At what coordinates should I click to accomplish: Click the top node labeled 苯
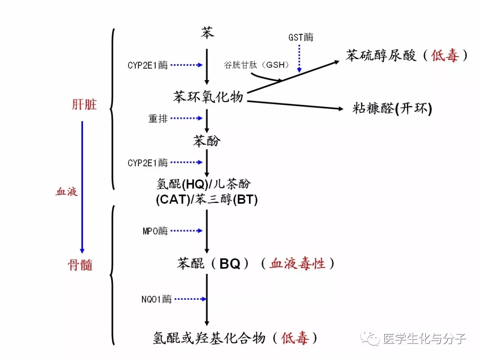pyautogui.click(x=207, y=33)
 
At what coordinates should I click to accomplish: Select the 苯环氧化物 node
pyautogui.click(x=208, y=97)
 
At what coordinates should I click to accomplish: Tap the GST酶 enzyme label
pyautogui.click(x=301, y=37)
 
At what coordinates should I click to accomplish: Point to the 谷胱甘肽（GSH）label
pyautogui.click(x=256, y=65)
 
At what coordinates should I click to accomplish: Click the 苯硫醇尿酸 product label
pyautogui.click(x=381, y=56)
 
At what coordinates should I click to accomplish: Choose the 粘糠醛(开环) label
pyautogui.click(x=392, y=108)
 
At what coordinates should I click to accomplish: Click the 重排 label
pyautogui.click(x=158, y=118)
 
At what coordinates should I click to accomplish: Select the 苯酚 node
pyautogui.click(x=207, y=141)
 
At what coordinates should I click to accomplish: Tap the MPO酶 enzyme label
pyautogui.click(x=155, y=231)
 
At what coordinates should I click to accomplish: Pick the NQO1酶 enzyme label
pyautogui.click(x=157, y=299)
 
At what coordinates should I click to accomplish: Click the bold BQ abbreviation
pyautogui.click(x=230, y=264)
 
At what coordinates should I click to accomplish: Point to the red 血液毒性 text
pyautogui.click(x=297, y=264)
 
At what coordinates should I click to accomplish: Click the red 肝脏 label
pyautogui.click(x=84, y=104)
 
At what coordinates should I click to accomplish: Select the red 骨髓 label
pyautogui.click(x=80, y=265)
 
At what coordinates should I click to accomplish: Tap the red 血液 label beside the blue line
pyautogui.click(x=66, y=192)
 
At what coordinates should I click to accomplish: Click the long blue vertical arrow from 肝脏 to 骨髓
pyautogui.click(x=82, y=187)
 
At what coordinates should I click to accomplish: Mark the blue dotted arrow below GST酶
pyautogui.click(x=299, y=58)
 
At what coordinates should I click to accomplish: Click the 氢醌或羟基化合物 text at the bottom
pyautogui.click(x=209, y=338)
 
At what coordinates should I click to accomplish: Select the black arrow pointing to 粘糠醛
pyautogui.click(x=295, y=105)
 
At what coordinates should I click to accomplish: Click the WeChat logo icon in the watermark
pyautogui.click(x=370, y=339)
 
